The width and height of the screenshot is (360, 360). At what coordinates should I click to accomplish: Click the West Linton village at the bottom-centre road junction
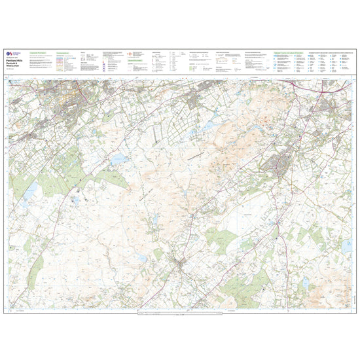point(178,263)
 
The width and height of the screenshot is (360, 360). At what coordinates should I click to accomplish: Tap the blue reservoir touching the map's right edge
point(346,246)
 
